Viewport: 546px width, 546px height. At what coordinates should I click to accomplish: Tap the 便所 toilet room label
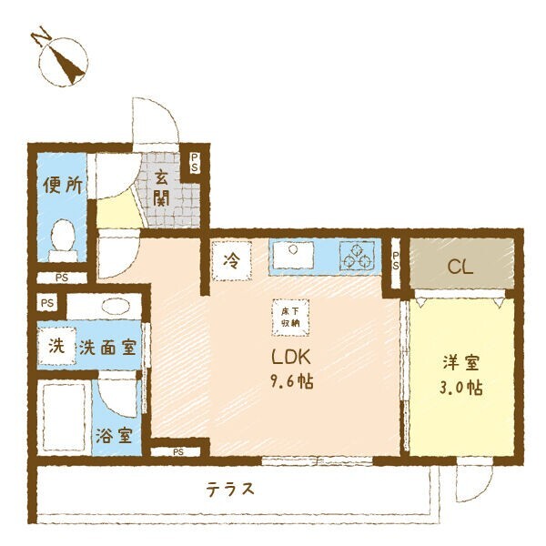point(63,187)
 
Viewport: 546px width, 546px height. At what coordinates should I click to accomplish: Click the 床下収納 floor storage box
point(289,316)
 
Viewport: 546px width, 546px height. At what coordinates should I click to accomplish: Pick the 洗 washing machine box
point(56,347)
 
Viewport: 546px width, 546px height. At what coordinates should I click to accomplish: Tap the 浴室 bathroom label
point(115,435)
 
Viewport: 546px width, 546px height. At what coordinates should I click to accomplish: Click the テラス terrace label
point(228,489)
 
